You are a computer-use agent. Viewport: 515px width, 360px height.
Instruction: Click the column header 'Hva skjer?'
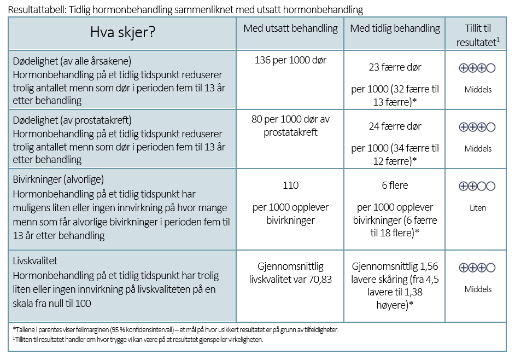(x=122, y=32)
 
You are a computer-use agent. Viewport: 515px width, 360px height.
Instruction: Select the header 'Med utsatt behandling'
(x=290, y=28)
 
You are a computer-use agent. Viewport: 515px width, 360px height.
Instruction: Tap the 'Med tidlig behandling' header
(x=395, y=28)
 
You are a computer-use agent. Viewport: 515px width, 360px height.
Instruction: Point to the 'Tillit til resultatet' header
(x=477, y=35)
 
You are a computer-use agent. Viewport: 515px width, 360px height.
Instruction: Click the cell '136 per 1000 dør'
(x=290, y=60)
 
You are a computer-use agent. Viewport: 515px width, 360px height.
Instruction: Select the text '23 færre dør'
(x=395, y=67)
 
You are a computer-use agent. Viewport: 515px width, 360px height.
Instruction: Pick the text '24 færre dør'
(x=395, y=126)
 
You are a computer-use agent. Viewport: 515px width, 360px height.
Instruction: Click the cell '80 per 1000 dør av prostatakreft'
(x=290, y=125)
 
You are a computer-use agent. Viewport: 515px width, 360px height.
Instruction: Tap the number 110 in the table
(x=290, y=185)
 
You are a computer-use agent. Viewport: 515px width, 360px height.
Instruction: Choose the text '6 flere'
(x=395, y=185)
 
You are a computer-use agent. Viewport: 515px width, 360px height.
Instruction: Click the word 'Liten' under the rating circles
(x=477, y=208)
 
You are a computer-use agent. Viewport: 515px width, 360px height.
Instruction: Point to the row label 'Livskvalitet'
(x=35, y=262)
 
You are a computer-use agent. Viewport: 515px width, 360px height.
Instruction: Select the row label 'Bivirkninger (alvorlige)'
(x=58, y=179)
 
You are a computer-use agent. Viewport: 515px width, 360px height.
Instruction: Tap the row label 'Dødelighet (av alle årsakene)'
(x=72, y=61)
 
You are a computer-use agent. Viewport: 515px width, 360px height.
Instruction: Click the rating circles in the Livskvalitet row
(x=477, y=268)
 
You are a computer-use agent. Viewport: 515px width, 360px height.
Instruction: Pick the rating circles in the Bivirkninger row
(x=477, y=186)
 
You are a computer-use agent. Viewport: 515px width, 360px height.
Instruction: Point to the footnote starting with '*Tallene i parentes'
(x=175, y=330)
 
